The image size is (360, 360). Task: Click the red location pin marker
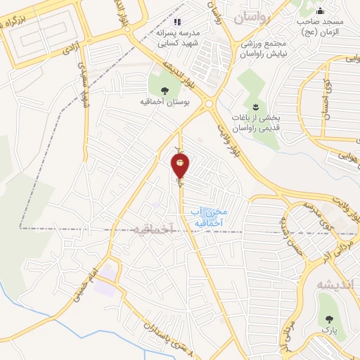180,166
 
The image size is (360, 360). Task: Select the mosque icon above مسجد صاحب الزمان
321,10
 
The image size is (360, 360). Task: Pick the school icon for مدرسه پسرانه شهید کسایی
178,21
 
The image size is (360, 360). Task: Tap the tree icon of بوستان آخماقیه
165,90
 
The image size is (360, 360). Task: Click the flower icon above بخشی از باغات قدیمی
256,106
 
